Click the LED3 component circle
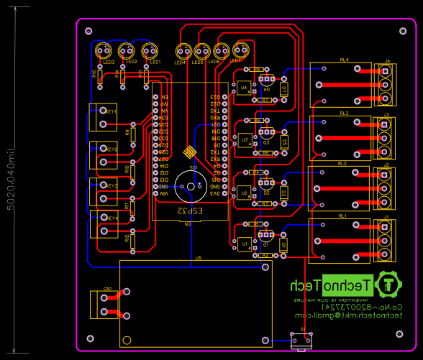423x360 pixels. [104, 51]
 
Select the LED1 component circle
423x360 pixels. [150, 51]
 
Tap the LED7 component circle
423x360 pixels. [241, 51]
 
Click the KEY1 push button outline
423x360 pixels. [102, 118]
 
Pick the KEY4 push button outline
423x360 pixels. [102, 223]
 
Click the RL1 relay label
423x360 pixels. [342, 216]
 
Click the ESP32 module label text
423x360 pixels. [190, 212]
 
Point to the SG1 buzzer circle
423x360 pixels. [191, 185]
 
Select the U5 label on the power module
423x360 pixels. [198, 257]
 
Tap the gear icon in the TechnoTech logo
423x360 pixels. [388, 285]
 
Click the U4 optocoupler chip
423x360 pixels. [245, 88]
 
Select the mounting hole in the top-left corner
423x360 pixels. [88, 32]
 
